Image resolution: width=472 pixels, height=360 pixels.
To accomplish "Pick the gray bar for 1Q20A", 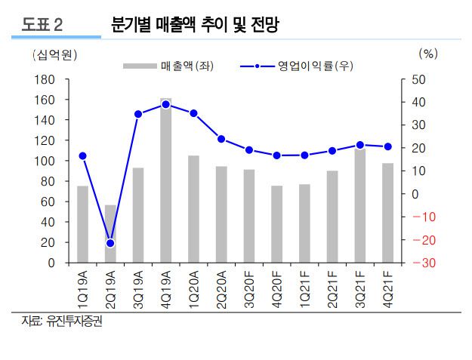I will point(193,209).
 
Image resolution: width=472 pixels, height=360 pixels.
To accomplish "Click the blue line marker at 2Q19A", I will point(110,243).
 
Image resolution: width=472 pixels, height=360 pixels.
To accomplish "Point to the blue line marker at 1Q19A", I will point(82,156).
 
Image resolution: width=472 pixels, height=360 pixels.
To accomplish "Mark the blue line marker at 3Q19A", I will point(138,115).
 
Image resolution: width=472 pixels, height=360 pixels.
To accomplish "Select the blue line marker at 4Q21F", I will point(387,146).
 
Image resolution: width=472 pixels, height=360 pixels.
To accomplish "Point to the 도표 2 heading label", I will point(43,25).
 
